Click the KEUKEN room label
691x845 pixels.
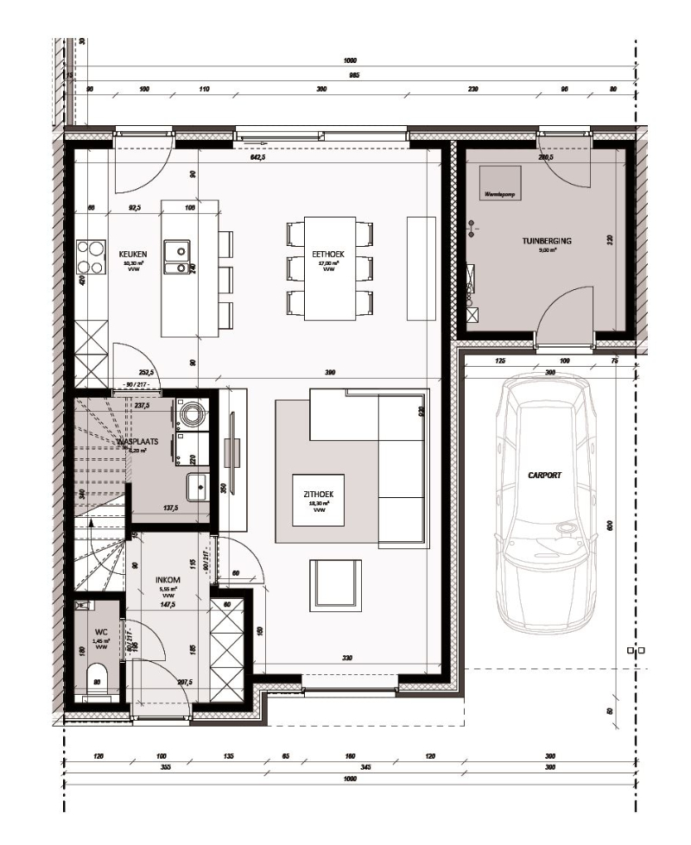tap(133, 254)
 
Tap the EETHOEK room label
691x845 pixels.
tap(328, 254)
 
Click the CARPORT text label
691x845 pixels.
tap(545, 475)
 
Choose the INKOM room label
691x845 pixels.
tap(168, 580)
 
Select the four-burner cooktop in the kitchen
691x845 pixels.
tap(90, 256)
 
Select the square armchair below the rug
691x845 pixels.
tap(335, 585)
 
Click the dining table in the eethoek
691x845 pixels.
tap(329, 268)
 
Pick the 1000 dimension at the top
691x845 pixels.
tap(350, 61)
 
